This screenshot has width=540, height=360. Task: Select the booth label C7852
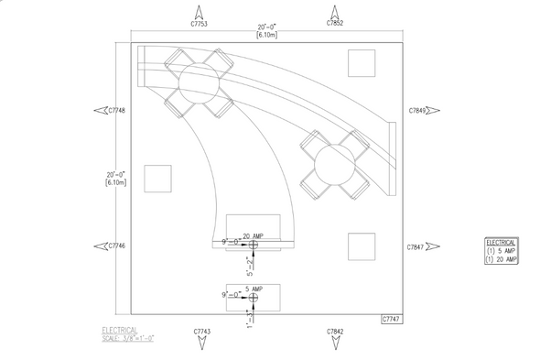point(335,22)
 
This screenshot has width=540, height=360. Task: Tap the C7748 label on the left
point(115,111)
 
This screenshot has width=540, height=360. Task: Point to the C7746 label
point(115,245)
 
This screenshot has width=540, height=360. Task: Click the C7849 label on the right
point(416,111)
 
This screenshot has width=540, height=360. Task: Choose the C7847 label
point(416,247)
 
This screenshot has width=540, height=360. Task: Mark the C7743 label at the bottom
point(202,331)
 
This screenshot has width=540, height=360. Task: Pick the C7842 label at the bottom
point(335,331)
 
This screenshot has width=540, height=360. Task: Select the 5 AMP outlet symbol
point(254,297)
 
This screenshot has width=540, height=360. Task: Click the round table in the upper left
point(197,84)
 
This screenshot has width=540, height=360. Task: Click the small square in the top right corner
point(362,62)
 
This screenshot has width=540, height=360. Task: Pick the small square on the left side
point(158,179)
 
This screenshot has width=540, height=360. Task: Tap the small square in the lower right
point(362,246)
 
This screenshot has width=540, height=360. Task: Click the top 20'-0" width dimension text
point(267,27)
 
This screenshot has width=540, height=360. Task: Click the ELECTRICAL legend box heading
point(501,242)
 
